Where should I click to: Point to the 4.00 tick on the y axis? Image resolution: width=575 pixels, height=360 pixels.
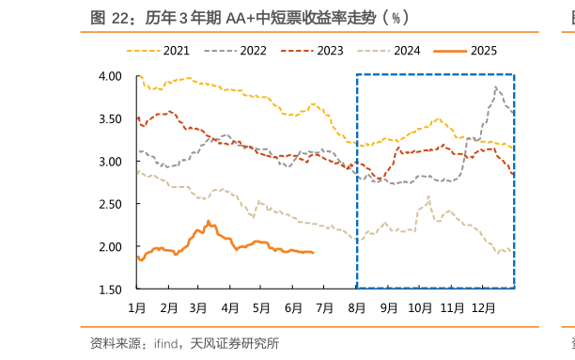(x=111, y=76)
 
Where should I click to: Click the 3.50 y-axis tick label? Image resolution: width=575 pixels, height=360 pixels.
(x=111, y=118)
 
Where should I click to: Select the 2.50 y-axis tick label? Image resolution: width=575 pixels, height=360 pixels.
(x=111, y=204)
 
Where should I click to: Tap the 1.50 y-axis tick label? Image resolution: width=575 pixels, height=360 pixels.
(x=111, y=290)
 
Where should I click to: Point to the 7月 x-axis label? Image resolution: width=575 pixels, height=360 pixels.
(x=325, y=307)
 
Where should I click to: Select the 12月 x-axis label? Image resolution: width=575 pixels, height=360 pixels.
(x=483, y=307)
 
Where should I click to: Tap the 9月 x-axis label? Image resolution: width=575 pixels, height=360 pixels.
(x=388, y=307)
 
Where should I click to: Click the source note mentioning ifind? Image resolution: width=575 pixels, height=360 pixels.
(x=183, y=343)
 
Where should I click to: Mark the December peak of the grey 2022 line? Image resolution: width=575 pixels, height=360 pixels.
(x=495, y=87)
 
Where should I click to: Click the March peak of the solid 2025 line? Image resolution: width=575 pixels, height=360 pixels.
(x=208, y=222)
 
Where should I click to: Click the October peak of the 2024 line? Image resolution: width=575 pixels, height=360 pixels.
(x=428, y=197)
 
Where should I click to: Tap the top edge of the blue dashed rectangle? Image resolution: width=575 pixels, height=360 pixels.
(x=434, y=74)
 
